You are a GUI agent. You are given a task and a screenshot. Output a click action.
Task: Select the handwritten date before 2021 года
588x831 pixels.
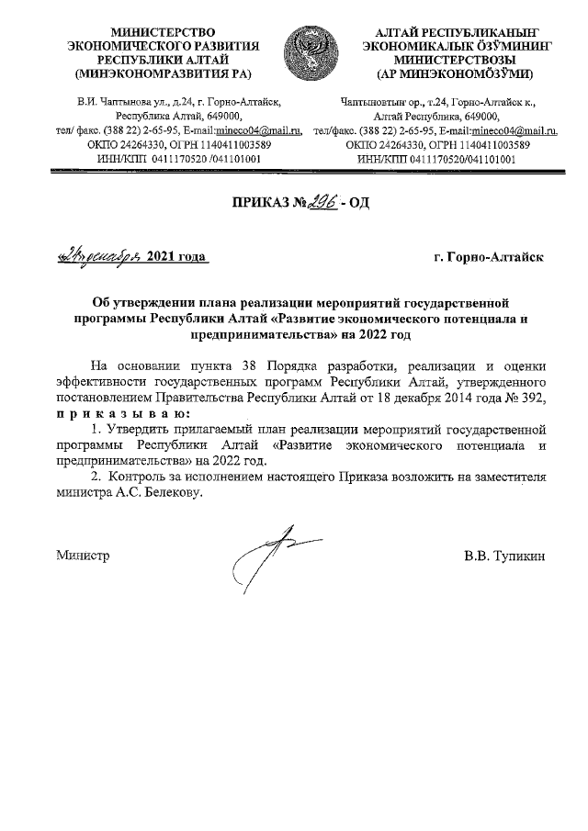pos(95,256)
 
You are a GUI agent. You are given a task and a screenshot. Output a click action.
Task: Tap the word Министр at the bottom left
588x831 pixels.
pos(83,556)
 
